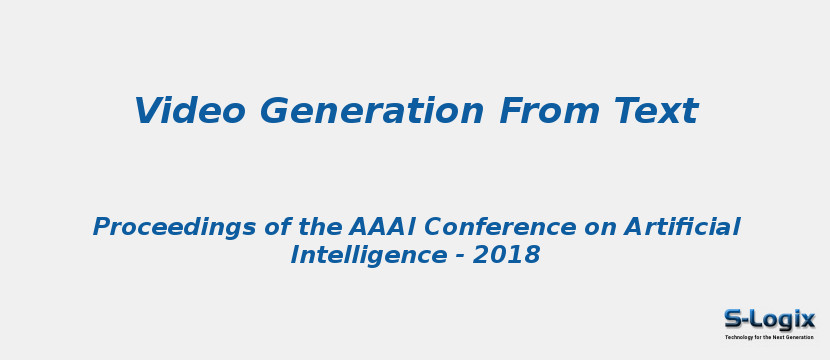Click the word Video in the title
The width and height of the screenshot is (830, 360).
[190, 111]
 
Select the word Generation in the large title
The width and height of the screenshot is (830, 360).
[371, 111]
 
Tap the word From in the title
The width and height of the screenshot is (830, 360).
[549, 111]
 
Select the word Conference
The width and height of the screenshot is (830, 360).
[500, 227]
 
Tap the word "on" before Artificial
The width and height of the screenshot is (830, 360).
[599, 229]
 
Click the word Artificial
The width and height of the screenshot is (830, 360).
[681, 227]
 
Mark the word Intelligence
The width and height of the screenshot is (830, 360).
[368, 256]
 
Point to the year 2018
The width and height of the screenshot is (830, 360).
[506, 255]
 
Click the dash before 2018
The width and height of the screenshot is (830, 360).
[459, 257]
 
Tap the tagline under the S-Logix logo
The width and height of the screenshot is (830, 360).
[770, 337]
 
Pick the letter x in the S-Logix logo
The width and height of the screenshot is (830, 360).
[807, 321]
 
